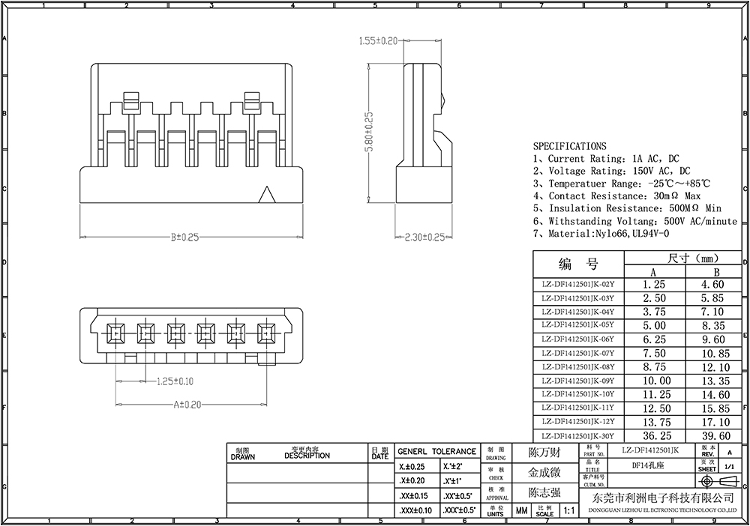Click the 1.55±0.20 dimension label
[x=378, y=40]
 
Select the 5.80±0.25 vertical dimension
[x=369, y=133]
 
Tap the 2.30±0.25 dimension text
[x=424, y=238]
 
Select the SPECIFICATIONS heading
[x=569, y=146]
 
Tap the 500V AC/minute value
[x=701, y=221]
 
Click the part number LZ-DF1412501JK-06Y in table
[x=577, y=339]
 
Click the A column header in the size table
[x=653, y=272]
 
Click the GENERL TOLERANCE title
[x=436, y=451]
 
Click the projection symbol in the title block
[x=718, y=481]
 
